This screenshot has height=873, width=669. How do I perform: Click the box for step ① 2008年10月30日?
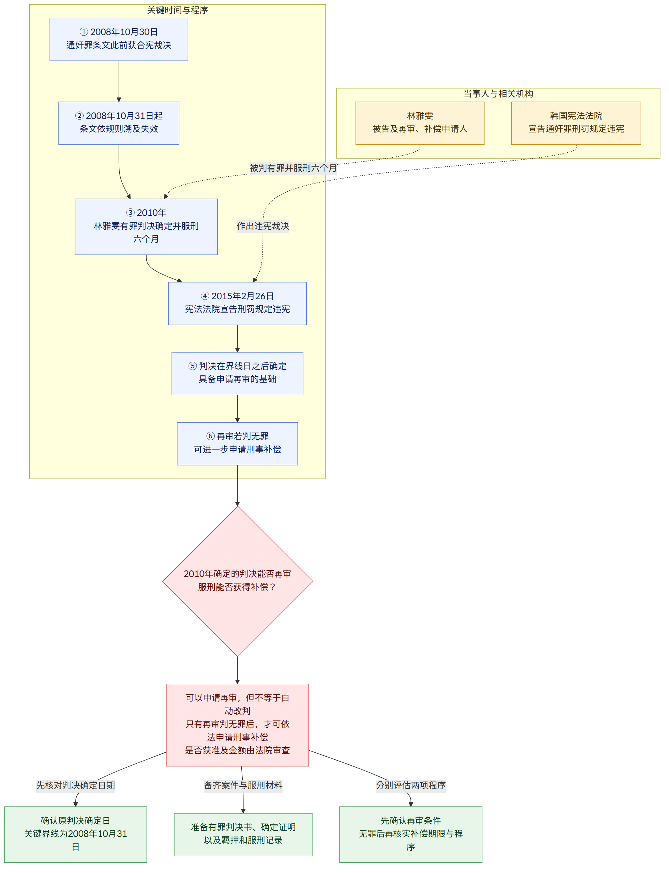119,40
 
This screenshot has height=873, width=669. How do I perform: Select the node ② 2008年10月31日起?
119,123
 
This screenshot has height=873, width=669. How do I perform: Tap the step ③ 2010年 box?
146,227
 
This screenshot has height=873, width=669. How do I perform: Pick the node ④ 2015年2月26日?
237,303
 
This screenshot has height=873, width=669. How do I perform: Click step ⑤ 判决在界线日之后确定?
237,373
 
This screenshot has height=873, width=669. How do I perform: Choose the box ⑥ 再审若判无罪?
237,444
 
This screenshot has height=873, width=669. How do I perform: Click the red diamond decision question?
238,581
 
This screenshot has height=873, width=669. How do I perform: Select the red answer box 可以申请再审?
237,725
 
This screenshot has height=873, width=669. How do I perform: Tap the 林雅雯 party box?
420,123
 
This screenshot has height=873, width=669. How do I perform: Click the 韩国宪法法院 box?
576,123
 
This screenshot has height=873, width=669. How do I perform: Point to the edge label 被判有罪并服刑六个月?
293,168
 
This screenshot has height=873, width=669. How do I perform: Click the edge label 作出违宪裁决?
263,226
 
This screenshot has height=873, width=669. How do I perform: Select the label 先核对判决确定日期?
76,785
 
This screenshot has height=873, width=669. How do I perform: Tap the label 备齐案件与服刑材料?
243,785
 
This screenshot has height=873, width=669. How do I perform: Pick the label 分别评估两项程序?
411,785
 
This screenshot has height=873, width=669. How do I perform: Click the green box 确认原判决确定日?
76,834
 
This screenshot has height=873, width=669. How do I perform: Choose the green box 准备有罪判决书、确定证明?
243,834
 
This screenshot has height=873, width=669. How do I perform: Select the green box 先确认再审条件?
411,834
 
